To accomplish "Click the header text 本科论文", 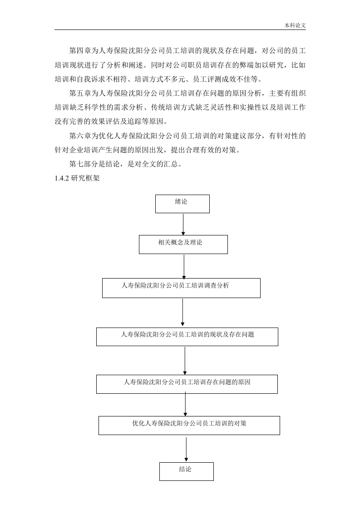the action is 295,25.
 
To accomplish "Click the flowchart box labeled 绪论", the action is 182,204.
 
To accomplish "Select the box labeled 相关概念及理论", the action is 183,245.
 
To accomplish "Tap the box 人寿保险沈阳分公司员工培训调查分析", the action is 181,288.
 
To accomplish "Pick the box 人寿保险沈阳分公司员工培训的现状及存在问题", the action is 187,337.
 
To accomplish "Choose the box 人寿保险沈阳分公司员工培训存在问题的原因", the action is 187,384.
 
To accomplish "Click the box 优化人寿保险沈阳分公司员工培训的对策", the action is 189,426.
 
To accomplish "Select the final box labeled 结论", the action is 187,471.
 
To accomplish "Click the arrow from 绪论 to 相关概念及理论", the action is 183,224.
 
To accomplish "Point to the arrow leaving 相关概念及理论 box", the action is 184,267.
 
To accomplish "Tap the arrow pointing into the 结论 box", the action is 186,449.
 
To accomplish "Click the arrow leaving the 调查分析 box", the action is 182,312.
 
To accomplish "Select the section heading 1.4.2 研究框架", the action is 77,178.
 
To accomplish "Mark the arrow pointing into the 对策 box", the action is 186,404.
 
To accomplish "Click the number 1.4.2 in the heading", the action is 61,178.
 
